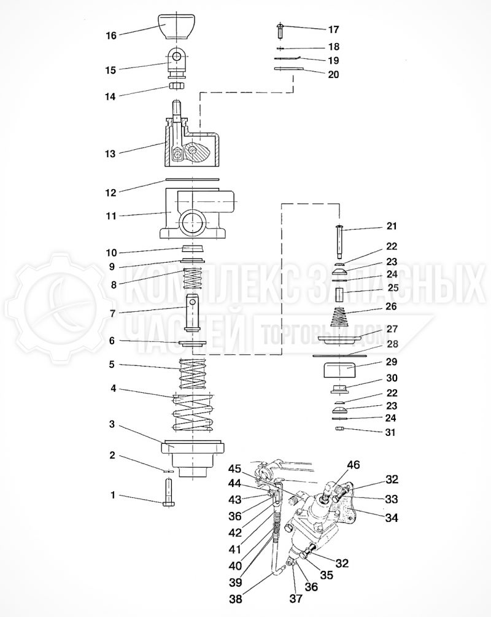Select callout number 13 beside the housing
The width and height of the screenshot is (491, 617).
(110, 153)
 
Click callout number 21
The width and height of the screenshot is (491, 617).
(392, 226)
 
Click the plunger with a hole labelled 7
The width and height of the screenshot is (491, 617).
(195, 312)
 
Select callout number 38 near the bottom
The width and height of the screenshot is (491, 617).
(235, 597)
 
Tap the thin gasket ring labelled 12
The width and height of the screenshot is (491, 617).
(192, 180)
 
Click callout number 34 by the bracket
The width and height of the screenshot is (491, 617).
(392, 518)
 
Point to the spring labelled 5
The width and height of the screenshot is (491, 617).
(192, 372)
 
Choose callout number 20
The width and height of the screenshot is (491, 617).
(333, 74)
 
